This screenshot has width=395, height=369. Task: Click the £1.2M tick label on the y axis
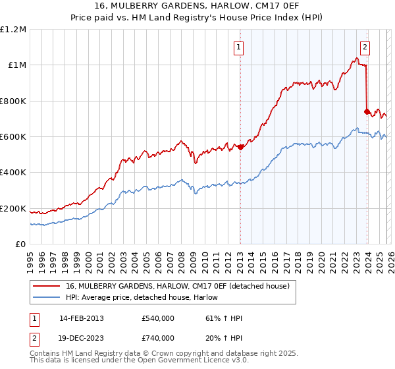point(13,30)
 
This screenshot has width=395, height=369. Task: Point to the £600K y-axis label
point(13,137)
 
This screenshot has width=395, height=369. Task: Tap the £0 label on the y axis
point(21,244)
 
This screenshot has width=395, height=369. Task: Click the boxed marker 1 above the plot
point(238,47)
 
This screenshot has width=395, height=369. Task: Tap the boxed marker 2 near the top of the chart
point(365,47)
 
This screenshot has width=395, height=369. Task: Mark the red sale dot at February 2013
point(240,147)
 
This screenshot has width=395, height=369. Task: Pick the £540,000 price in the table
point(158,318)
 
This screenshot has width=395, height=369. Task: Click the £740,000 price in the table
point(158,337)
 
